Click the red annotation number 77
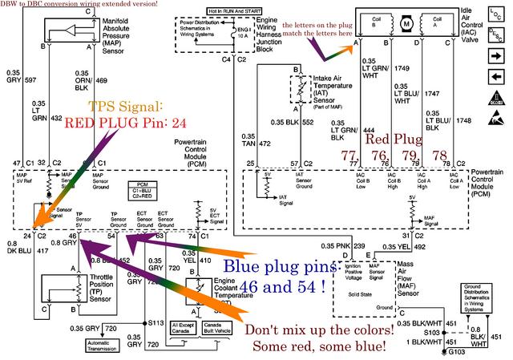[x=348, y=156]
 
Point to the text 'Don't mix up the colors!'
[x=320, y=330]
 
